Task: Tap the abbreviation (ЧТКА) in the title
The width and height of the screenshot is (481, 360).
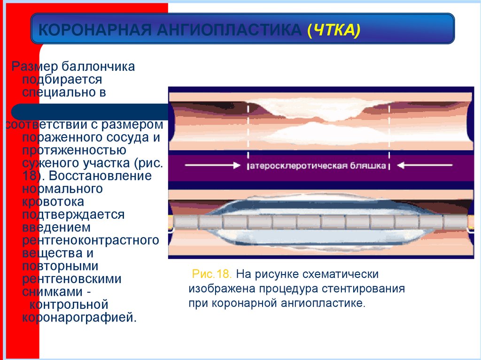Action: [334, 31]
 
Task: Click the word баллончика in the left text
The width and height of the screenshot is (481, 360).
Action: [105, 67]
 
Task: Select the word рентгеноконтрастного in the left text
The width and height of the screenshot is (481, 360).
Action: [90, 241]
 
